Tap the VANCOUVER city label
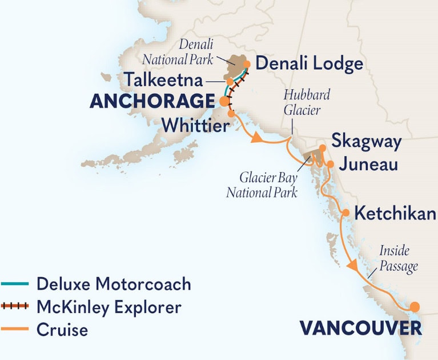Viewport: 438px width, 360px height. [361, 328]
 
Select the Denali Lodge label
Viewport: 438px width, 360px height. [309, 63]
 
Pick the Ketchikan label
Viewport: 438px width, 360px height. [395, 214]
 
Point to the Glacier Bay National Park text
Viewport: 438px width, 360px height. [262, 186]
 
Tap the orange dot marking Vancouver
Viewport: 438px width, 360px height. [415, 306]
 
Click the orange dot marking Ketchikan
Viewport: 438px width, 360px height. [345, 213]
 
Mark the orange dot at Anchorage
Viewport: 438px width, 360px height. [223, 102]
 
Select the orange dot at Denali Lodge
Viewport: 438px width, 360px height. [248, 64]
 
